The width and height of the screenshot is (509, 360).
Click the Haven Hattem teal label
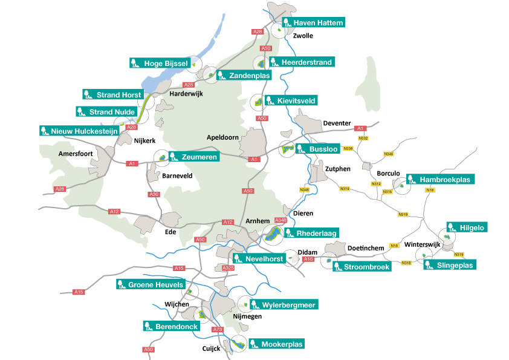[313, 22]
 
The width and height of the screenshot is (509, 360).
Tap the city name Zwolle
[303, 36]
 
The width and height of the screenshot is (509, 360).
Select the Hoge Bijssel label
[160, 63]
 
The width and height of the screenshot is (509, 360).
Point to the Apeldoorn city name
[222, 137]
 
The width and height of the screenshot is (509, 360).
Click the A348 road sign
[280, 220]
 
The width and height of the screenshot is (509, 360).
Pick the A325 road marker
[229, 268]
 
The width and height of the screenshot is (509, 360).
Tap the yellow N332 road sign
[363, 138]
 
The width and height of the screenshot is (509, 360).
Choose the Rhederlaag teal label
[312, 233]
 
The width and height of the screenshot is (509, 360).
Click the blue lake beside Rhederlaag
[273, 234]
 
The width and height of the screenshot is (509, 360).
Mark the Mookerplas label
[277, 344]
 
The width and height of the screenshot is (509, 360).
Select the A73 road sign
[218, 330]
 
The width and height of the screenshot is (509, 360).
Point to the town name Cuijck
[211, 349]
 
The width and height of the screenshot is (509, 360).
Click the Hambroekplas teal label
[441, 179]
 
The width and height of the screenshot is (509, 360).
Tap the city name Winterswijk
[423, 244]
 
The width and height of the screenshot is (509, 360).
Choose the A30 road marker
[154, 194]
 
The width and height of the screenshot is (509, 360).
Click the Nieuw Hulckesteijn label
[80, 131]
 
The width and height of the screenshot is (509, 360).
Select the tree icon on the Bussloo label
[300, 149]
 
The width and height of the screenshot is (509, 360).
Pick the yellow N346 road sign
[389, 154]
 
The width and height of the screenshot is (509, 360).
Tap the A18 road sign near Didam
[308, 259]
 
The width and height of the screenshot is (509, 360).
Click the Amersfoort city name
[76, 154]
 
